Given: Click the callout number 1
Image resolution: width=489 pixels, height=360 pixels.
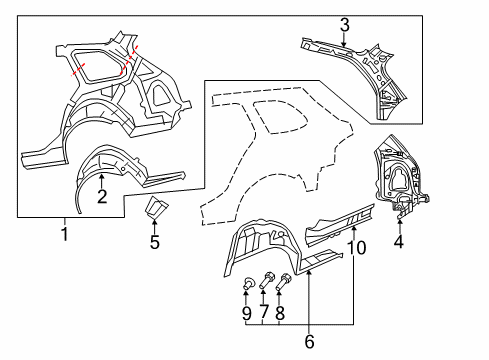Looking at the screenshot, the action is coord(65,234).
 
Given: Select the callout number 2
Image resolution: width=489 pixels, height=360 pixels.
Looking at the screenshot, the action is coord(102,196).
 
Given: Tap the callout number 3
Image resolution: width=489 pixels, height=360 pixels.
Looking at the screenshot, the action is coord(345,25).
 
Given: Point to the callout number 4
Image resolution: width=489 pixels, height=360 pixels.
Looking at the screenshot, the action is coord(399,241).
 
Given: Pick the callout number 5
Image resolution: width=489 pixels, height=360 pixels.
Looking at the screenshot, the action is coord(155,242).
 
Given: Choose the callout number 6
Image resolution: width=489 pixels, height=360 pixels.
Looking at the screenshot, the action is coord(309,341).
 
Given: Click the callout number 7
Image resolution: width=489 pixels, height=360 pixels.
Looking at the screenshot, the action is coord(264,312).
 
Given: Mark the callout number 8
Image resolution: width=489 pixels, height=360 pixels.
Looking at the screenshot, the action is coord(280,313).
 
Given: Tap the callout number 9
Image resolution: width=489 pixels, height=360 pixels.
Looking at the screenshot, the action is coord(247,313).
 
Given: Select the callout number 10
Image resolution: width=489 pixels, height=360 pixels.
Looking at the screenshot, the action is coord(356,248).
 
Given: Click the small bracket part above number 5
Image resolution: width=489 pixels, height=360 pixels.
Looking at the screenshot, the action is coord(155,207).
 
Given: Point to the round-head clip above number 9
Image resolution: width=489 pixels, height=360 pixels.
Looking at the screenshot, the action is coord(248,283).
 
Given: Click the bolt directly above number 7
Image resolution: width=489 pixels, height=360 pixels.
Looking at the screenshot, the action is coord(266,280).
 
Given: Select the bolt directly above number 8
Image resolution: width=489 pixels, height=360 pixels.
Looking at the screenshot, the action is coord(284,282).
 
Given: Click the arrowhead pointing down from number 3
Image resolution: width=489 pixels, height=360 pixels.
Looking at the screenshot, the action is coord(345,44).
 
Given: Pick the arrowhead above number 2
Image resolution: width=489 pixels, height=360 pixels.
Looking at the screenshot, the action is coord(102,176).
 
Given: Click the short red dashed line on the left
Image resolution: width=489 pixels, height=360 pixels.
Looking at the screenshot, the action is coord(78,70).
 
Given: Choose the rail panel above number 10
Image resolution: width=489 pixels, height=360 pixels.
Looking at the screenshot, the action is coord(340,224).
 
